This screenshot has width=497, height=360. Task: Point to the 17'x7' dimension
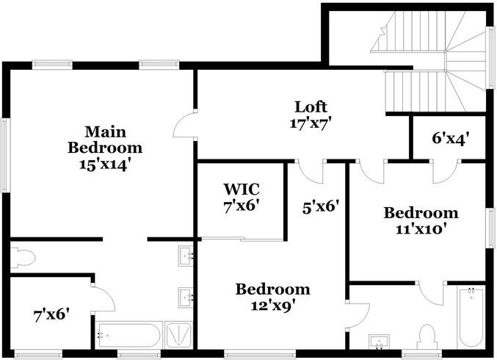click(x=311, y=123)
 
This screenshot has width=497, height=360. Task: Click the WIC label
click(x=242, y=189)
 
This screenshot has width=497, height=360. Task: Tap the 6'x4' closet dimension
click(x=449, y=137)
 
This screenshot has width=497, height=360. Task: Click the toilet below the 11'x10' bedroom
click(x=426, y=336)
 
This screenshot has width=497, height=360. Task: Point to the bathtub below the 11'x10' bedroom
click(x=470, y=318)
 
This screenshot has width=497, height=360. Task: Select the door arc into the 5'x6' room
click(x=311, y=172)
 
